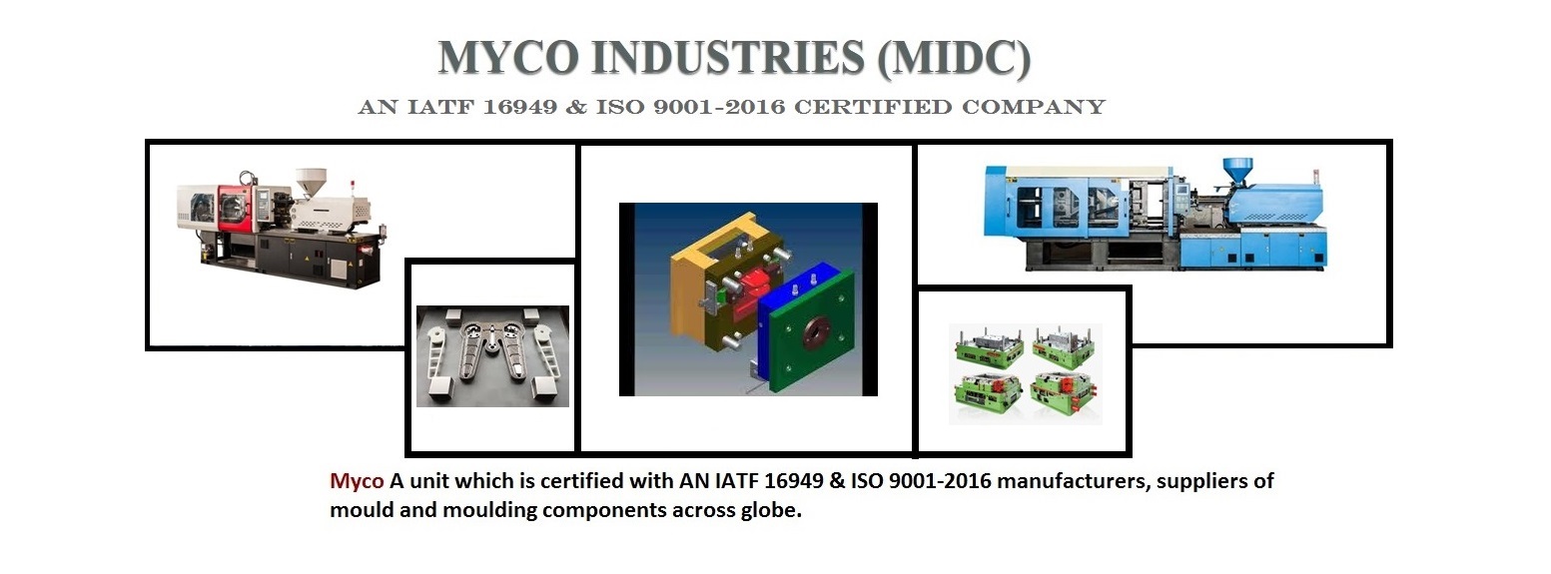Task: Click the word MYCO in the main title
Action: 506,59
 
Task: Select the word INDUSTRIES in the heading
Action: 725,59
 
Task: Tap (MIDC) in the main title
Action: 953,59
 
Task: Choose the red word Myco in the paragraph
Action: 357,481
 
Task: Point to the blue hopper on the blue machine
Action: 1238,170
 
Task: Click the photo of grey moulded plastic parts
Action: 492,356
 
